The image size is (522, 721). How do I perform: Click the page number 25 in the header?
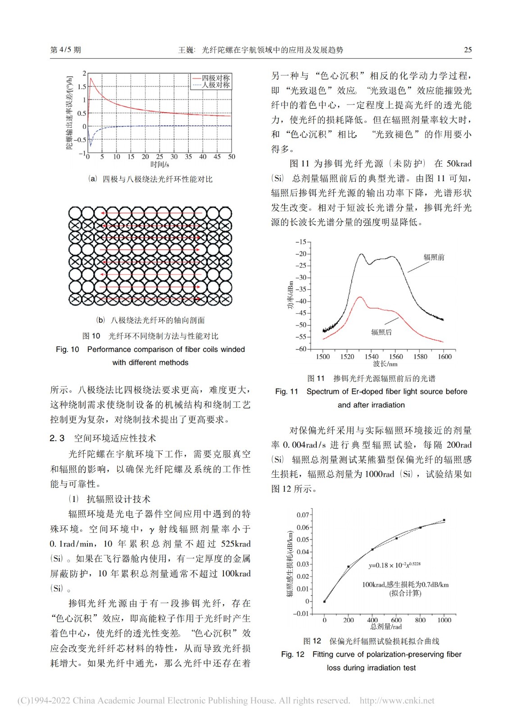pyautogui.click(x=468, y=50)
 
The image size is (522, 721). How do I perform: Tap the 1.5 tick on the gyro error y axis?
pyautogui.click(x=82, y=87)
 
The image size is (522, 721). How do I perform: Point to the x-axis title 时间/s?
pyautogui.click(x=159, y=164)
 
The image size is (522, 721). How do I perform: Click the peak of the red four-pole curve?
pyautogui.click(x=91, y=78)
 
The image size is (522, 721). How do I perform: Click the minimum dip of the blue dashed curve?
pyautogui.click(x=91, y=146)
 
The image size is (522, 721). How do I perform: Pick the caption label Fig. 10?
pyautogui.click(x=67, y=349)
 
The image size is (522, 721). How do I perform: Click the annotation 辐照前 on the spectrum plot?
pyautogui.click(x=433, y=257)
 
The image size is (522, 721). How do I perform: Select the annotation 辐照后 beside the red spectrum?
pyautogui.click(x=381, y=332)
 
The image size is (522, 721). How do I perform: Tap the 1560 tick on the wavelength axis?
pyautogui.click(x=396, y=356)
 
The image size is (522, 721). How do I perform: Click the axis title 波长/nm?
pyautogui.click(x=385, y=364)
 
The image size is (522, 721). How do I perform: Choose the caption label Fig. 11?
pyautogui.click(x=286, y=392)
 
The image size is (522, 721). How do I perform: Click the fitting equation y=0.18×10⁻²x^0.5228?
pyautogui.click(x=394, y=565)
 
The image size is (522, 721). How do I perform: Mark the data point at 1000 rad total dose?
pyautogui.click(x=444, y=520)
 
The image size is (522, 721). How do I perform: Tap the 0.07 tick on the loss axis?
pyautogui.click(x=303, y=515)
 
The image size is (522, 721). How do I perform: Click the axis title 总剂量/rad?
pyautogui.click(x=386, y=626)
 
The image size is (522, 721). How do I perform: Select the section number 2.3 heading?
pyautogui.click(x=57, y=438)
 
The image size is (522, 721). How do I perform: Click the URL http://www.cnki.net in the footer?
pyautogui.click(x=397, y=700)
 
